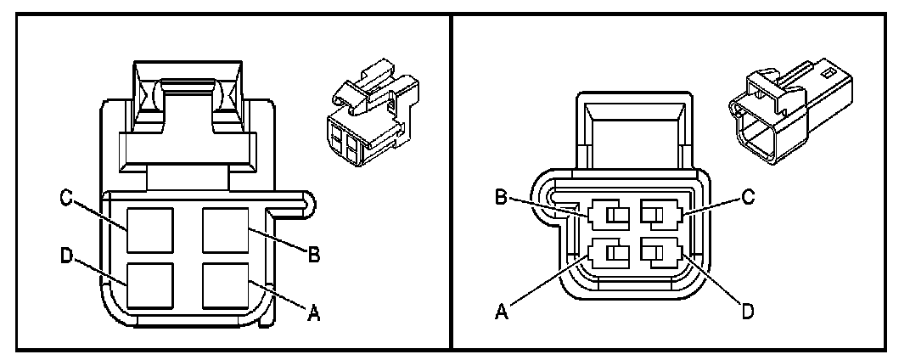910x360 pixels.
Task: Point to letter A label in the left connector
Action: coord(313,314)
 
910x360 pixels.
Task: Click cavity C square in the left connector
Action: coord(150,231)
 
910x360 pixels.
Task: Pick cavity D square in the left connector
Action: coord(150,286)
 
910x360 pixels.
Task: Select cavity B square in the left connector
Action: coord(225,231)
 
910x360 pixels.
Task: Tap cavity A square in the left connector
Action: coord(225,286)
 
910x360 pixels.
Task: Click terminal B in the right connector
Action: coord(609,216)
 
